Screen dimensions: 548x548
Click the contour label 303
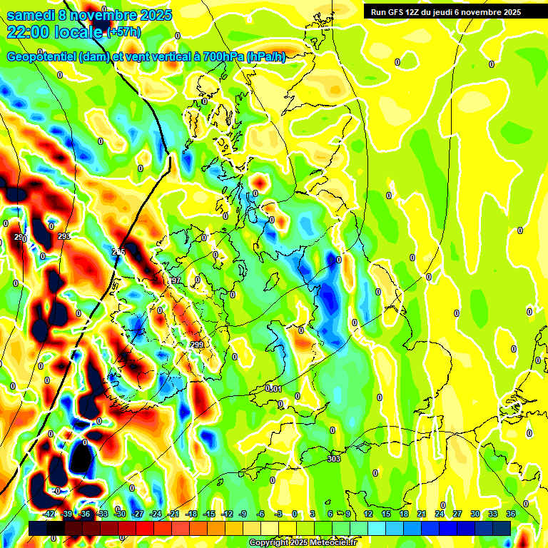coord(334,459)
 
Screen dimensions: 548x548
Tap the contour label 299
coord(198,345)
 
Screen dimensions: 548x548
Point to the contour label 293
coord(64,236)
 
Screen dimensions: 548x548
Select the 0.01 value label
coord(273,388)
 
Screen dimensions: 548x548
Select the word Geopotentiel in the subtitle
coord(44,57)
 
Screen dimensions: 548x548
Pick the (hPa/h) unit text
coord(265,57)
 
